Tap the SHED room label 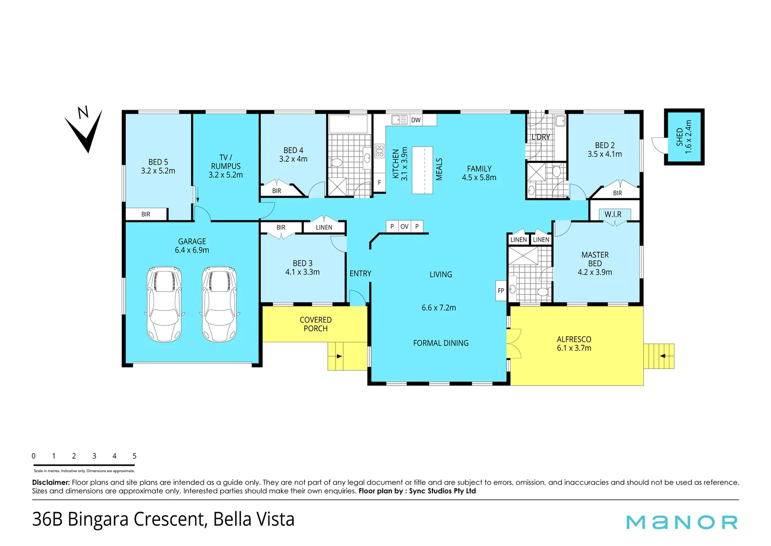pyautogui.click(x=680, y=137)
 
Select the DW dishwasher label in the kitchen pyautogui.click(x=416, y=120)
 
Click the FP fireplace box pyautogui.click(x=501, y=291)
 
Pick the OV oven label pyautogui.click(x=404, y=226)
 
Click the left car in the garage pyautogui.click(x=164, y=304)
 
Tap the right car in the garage pyautogui.click(x=220, y=304)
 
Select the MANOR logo pyautogui.click(x=682, y=522)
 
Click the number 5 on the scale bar pyautogui.click(x=134, y=456)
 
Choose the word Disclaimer pyautogui.click(x=51, y=482)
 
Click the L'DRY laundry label pyautogui.click(x=541, y=137)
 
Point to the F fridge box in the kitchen pyautogui.click(x=379, y=183)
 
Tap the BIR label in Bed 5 pyautogui.click(x=146, y=214)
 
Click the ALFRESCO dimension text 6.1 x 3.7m pyautogui.click(x=574, y=348)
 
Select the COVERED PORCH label pyautogui.click(x=316, y=324)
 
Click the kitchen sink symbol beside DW pyautogui.click(x=399, y=120)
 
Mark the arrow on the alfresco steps pyautogui.click(x=662, y=356)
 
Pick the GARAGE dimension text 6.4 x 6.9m pyautogui.click(x=191, y=250)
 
